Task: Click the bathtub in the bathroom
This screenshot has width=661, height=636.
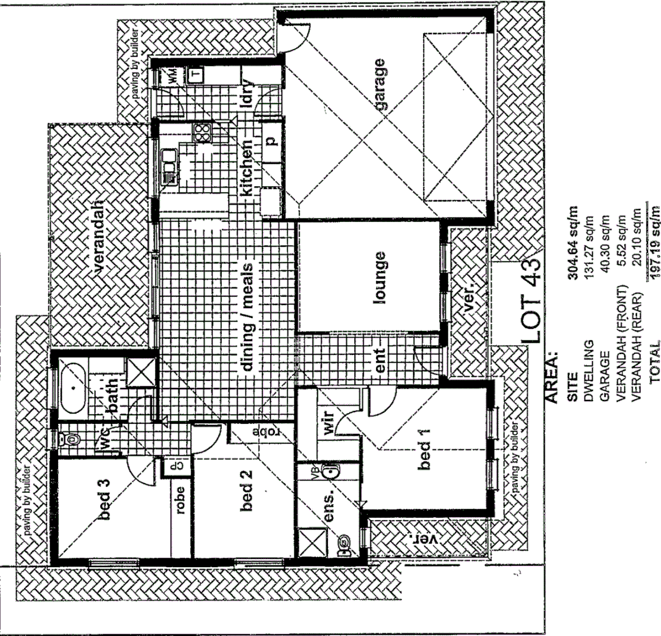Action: click(73, 389)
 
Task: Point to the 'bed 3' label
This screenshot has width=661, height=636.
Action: click(106, 499)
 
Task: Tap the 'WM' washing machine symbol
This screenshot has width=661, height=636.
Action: click(172, 75)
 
